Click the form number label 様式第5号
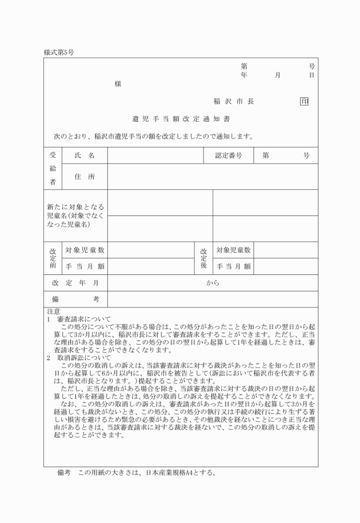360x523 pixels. coord(59,52)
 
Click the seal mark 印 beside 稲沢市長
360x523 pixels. coord(304,101)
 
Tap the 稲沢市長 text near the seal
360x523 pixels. coord(234,101)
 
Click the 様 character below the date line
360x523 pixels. coord(118,83)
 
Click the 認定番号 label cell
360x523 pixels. coord(229,155)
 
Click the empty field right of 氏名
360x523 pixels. coord(155,155)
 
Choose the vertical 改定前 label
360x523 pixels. coord(53,258)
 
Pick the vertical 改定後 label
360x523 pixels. coord(203,258)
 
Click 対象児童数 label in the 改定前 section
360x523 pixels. coord(85,250)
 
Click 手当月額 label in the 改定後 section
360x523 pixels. coord(233,266)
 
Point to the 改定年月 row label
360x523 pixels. coord(75,283)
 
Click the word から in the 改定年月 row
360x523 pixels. coord(213,283)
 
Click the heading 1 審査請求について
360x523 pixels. coord(79,318)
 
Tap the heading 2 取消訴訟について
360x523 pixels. coord(79,357)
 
